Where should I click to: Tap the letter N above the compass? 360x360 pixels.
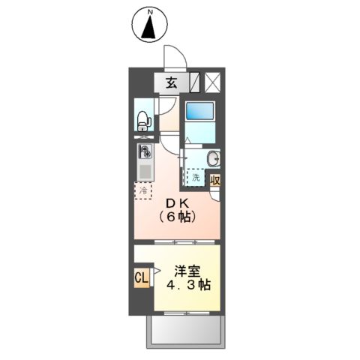coord(149,12)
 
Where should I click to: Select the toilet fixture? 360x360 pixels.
coord(143,118)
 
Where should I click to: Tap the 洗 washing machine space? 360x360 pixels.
coord(195,178)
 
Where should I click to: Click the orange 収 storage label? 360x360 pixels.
coord(216,179)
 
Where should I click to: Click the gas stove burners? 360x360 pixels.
coord(143,151)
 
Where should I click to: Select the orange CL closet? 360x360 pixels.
coord(141,278)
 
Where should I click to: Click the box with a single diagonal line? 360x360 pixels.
coord(195,82)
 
